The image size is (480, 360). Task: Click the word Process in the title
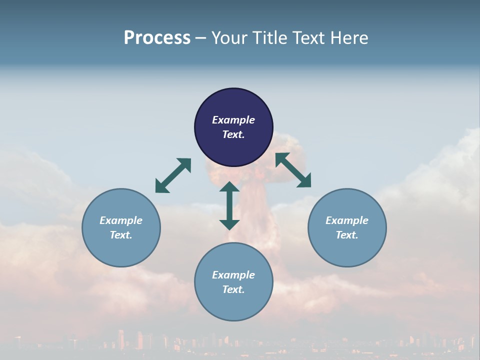[157, 38]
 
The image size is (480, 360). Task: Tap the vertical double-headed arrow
[229, 205]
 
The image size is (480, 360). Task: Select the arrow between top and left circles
[173, 175]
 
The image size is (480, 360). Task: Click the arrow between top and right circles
[293, 170]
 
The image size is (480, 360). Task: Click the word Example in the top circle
[233, 120]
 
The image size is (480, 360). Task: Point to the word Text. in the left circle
[121, 235]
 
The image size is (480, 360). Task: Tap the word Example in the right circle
[347, 220]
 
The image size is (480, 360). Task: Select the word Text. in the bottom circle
[233, 289]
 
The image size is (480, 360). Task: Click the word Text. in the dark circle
[233, 134]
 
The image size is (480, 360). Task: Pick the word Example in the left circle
[121, 220]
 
